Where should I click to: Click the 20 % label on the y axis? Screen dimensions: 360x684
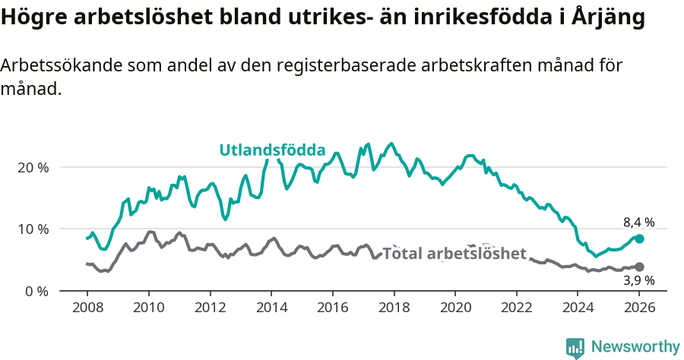pyautogui.click(x=33, y=167)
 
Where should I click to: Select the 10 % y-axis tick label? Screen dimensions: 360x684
pyautogui.click(x=33, y=229)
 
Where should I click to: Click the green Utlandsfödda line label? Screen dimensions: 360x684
pyautogui.click(x=273, y=150)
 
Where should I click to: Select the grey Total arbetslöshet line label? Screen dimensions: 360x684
pyautogui.click(x=454, y=254)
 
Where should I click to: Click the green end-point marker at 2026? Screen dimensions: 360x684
pyautogui.click(x=639, y=238)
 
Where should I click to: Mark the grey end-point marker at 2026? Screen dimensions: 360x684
pyautogui.click(x=639, y=267)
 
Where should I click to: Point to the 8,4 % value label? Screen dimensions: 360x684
pyautogui.click(x=638, y=223)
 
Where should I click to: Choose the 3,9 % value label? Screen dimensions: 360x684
pyautogui.click(x=638, y=281)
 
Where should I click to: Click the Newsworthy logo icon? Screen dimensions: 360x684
pyautogui.click(x=575, y=347)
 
